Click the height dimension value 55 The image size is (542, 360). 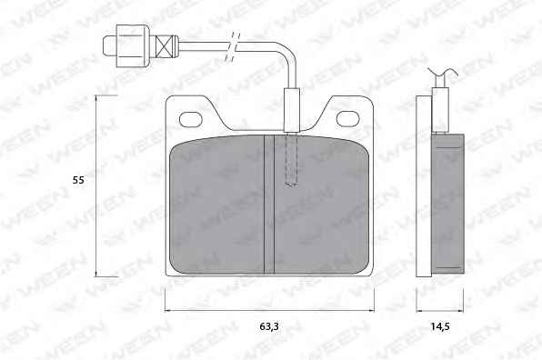click(x=78, y=180)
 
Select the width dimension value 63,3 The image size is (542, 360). click(x=269, y=326)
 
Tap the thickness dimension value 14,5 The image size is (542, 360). click(x=439, y=326)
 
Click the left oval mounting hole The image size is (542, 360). click(x=190, y=119)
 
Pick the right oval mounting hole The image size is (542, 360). click(x=348, y=118)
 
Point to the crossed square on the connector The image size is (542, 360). click(x=164, y=46)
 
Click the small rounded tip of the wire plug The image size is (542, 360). click(x=110, y=46)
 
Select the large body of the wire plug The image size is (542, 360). click(x=133, y=46)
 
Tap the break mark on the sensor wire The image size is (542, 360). click(x=233, y=47)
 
